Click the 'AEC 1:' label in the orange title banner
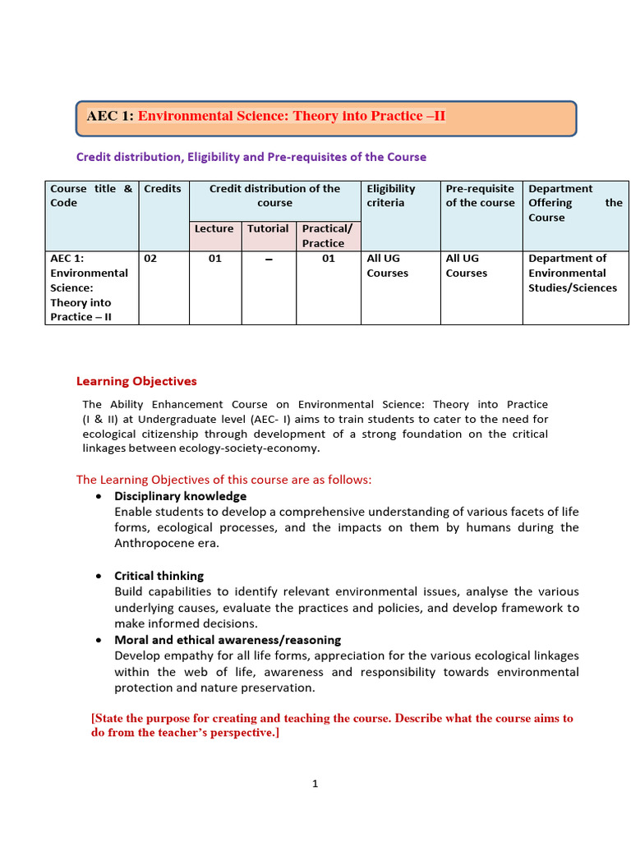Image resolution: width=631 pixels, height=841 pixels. pos(110,117)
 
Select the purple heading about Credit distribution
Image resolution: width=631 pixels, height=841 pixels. pos(251,157)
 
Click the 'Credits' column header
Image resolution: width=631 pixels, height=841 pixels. pos(163,189)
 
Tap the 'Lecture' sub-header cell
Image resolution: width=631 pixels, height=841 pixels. pos(214,229)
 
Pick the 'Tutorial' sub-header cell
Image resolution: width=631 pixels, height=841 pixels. pos(268,229)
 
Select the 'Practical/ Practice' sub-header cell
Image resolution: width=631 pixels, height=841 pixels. pos(326,236)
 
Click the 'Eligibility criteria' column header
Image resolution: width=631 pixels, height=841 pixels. pos(391,195)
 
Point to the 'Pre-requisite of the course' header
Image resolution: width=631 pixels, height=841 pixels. pos(480,195)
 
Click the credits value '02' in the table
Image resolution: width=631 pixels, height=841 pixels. pos(150,259)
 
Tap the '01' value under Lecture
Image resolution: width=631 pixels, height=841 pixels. pos(214,259)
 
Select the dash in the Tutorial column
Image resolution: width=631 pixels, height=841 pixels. pos(269,260)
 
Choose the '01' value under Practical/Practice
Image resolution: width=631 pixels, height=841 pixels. pos(328,259)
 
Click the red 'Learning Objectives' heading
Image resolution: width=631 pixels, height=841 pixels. pos(136,381)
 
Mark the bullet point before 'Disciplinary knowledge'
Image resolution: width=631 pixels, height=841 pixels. pos(99,497)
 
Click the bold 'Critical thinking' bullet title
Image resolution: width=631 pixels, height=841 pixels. pos(159,576)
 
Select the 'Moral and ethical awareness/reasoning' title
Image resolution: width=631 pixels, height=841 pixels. pos(228,640)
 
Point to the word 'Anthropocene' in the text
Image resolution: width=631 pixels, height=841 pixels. pos(152,544)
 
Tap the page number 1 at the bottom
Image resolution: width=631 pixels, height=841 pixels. pos(315,784)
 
